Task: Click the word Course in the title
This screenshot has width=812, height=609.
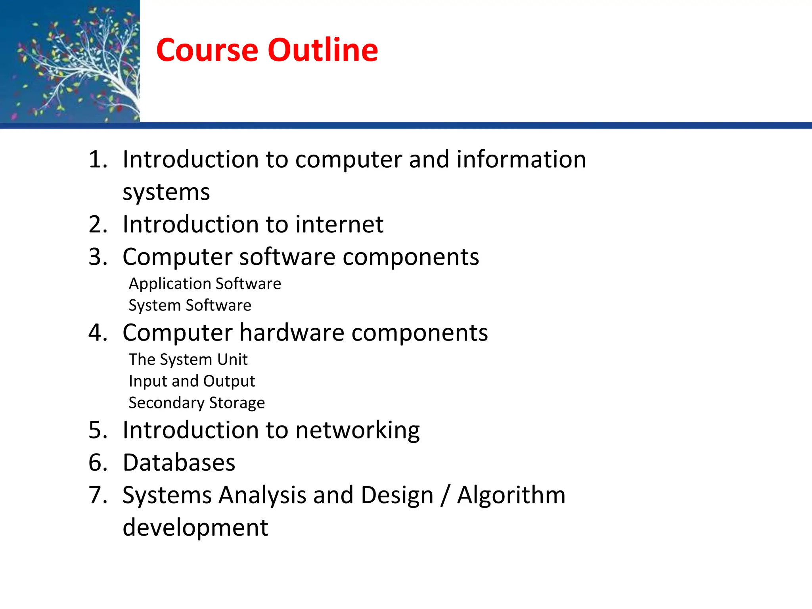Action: point(207,50)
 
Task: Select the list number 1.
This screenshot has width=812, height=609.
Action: point(97,159)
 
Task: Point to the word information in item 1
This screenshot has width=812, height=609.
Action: point(521,159)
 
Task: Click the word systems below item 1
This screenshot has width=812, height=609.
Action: point(166,193)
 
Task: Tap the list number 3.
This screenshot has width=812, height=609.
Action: point(98,257)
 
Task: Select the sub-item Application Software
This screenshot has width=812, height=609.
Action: point(205,284)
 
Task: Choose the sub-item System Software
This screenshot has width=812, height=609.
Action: point(190,305)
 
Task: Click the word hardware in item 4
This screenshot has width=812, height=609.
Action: point(292,332)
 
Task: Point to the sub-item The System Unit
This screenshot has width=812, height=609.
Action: point(188,360)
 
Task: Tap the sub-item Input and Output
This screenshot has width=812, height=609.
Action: point(192,381)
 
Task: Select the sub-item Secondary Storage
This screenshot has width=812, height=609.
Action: point(197,403)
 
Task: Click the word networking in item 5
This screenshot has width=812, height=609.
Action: point(357,431)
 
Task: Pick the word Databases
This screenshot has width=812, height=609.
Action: point(179,463)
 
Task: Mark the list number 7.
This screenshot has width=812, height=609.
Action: point(98,495)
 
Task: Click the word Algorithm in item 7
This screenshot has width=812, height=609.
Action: point(511,495)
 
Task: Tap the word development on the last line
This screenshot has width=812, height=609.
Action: point(195,528)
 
